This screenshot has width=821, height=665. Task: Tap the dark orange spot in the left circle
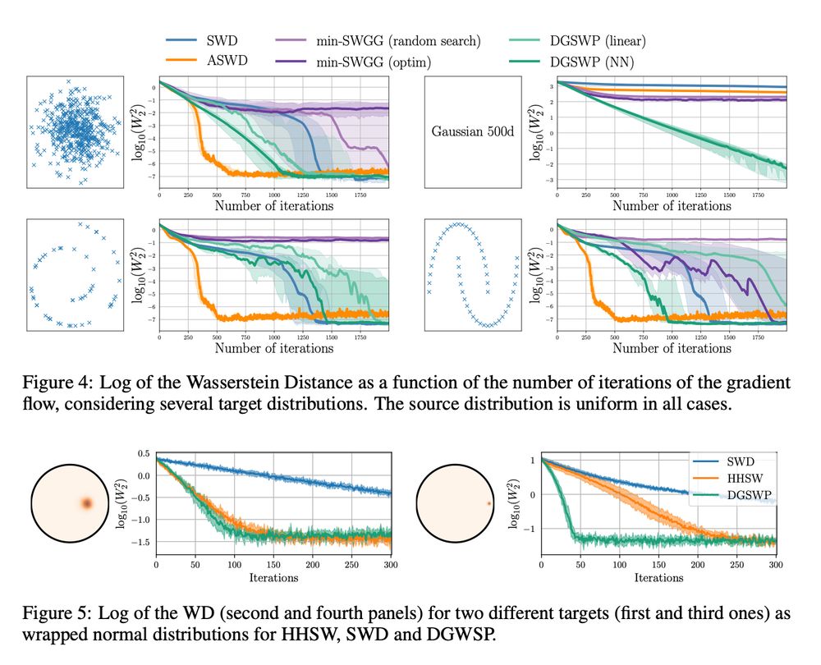87,503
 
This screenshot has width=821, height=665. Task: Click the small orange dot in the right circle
488,503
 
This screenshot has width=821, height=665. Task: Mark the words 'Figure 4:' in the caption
55,383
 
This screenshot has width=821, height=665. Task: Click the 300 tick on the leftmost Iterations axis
391,566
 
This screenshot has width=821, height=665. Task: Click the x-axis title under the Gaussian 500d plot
672,206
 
